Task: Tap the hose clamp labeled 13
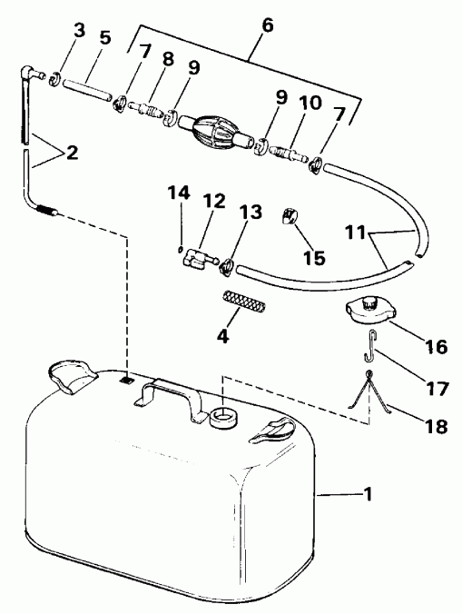pyautogui.click(x=227, y=266)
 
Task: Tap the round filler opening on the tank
pyautogui.click(x=222, y=418)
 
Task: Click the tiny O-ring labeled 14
pyautogui.click(x=181, y=244)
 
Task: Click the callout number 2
pyautogui.click(x=70, y=153)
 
